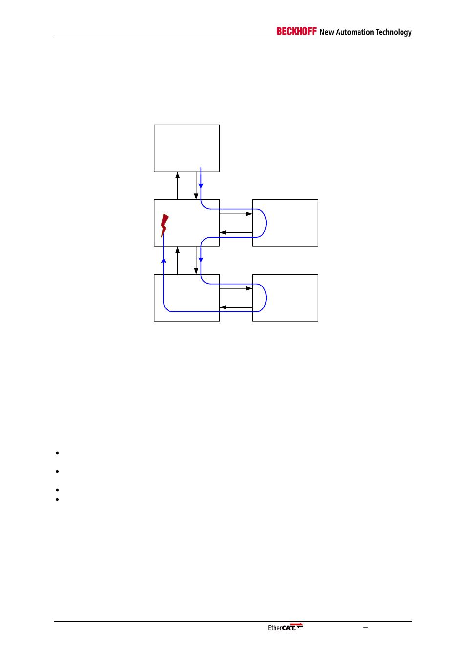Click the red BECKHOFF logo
[x=297, y=31]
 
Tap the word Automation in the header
[x=355, y=32]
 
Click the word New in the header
[x=327, y=32]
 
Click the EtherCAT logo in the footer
[x=285, y=627]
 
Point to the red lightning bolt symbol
[x=165, y=224]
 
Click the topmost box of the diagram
[x=187, y=148]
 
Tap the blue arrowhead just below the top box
[x=201, y=186]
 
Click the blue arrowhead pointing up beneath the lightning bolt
[x=164, y=260]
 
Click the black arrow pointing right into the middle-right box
[x=249, y=214]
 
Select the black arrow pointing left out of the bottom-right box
[x=223, y=307]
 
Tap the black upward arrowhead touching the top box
[x=178, y=175]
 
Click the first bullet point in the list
[x=57, y=453]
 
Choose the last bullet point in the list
[x=57, y=499]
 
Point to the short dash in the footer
[x=365, y=628]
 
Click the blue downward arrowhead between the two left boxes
[x=201, y=260]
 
